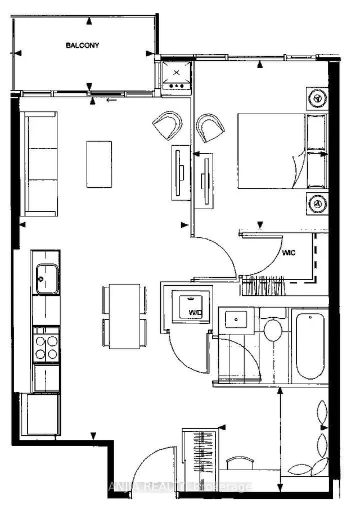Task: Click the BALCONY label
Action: coord(82,45)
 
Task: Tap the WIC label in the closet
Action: coord(289,253)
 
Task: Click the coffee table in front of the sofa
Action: coord(99,164)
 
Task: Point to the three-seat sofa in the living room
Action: coord(39,164)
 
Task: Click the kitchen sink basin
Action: coord(46,279)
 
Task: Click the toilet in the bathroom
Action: coord(274,330)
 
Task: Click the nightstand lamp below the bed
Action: coord(316,201)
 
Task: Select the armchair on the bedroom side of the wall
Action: coord(210,127)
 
